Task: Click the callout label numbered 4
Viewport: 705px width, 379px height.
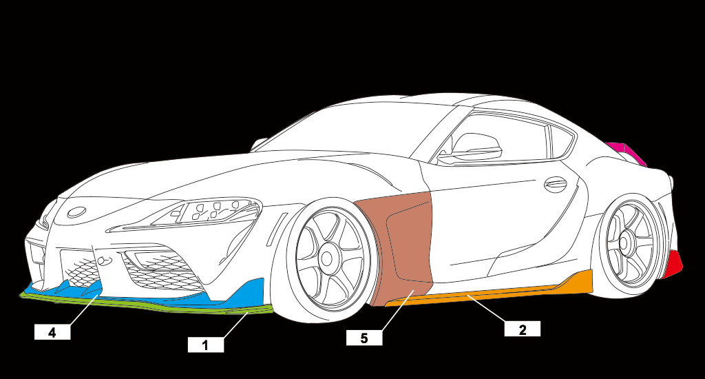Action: click(x=52, y=332)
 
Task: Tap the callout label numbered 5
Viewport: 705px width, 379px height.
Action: click(x=365, y=338)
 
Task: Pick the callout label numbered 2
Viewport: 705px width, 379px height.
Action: click(x=522, y=329)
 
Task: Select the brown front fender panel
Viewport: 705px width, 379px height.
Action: click(x=399, y=241)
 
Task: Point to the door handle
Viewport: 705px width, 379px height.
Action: click(x=555, y=185)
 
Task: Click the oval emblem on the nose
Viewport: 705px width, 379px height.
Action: click(x=76, y=211)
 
